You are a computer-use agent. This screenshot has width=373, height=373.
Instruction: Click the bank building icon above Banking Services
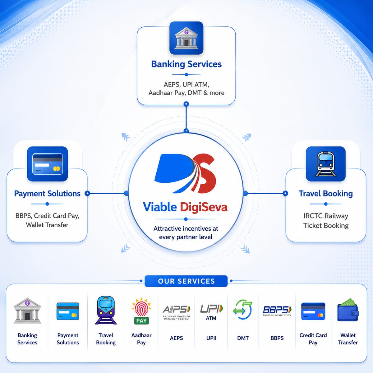point(186,38)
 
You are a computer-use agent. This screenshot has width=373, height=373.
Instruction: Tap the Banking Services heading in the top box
point(186,64)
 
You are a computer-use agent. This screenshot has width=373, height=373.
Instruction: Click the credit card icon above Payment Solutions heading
point(48,164)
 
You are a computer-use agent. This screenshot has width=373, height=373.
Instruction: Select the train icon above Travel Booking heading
point(325,164)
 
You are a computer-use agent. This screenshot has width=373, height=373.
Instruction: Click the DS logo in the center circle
point(185,174)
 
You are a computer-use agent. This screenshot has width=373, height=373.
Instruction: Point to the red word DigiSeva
point(204,207)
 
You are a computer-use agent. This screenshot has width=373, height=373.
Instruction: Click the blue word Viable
point(160,207)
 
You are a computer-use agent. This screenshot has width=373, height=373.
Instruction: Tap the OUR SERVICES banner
point(186,281)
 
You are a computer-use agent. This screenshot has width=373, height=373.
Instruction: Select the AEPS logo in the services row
point(176,312)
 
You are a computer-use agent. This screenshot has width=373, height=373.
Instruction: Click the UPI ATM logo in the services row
point(211,312)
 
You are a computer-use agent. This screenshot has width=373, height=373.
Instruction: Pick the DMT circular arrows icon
point(242,310)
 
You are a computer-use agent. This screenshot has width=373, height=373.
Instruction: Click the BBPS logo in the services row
point(277,311)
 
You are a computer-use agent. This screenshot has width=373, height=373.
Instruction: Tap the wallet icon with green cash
point(348,310)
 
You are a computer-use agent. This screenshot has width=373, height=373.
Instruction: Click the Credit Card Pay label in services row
point(313,339)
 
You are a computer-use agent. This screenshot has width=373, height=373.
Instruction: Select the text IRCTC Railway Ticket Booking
point(326,221)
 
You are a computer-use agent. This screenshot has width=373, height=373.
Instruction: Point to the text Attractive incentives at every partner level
point(186,233)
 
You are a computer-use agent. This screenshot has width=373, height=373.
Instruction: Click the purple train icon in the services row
point(106,310)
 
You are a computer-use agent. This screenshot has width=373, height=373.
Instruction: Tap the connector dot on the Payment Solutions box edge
point(87,193)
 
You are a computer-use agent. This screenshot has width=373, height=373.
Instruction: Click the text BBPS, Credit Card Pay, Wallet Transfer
point(47,220)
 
